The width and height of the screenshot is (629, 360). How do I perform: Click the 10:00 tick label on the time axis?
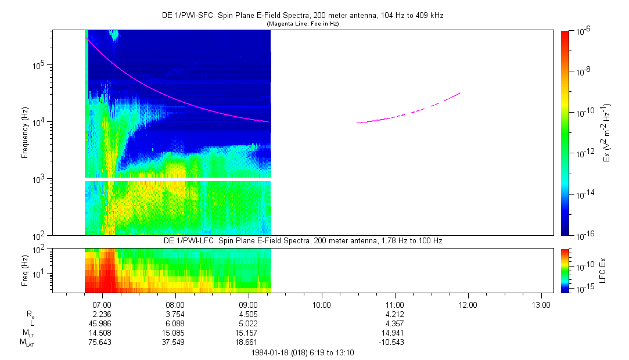point(321,304)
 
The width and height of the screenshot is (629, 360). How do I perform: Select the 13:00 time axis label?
point(541,304)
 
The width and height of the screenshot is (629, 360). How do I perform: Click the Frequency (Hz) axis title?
point(25,133)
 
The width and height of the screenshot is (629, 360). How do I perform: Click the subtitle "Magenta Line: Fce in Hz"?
point(302,24)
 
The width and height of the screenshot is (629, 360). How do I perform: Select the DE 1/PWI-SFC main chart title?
point(302,16)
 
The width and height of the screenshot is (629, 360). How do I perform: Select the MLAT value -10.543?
point(394,342)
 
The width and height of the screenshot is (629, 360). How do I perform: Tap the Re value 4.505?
point(248,314)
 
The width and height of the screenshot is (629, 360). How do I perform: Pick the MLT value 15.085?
point(175,333)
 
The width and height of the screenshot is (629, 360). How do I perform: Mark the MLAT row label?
point(27,343)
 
